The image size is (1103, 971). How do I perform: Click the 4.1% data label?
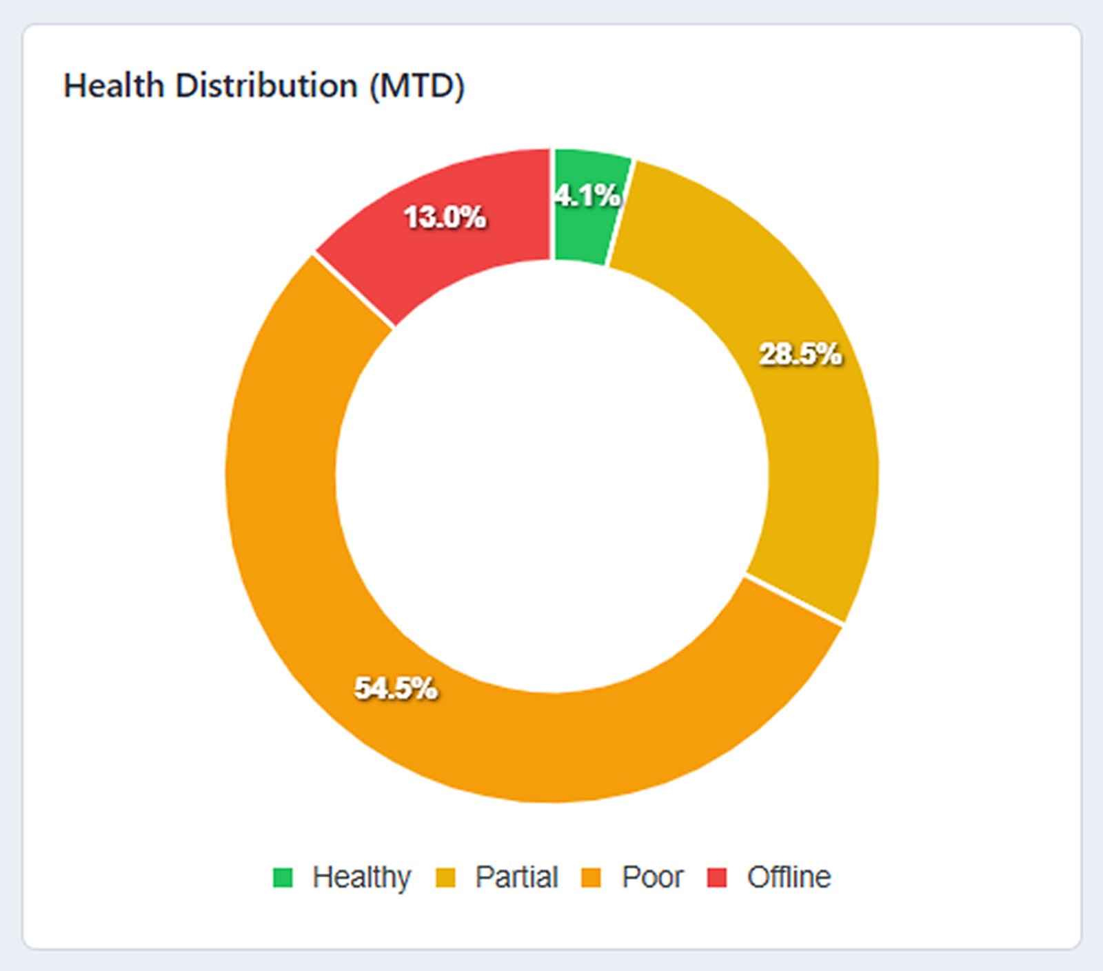(x=587, y=196)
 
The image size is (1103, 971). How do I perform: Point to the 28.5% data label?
(x=800, y=354)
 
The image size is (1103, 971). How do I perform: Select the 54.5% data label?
(x=396, y=688)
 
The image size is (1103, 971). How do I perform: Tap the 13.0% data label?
(x=445, y=217)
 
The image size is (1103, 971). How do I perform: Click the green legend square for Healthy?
(x=283, y=877)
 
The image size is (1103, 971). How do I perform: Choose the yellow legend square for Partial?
(x=446, y=877)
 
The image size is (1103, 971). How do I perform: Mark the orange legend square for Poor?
(x=591, y=877)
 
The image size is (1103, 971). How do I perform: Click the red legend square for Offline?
(x=717, y=877)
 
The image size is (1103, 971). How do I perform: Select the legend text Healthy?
(x=361, y=877)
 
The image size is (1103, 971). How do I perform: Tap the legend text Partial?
(x=516, y=877)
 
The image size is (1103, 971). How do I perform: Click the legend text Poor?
(x=652, y=877)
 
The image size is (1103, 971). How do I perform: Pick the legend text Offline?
(x=789, y=877)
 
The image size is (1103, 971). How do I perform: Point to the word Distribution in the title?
(x=266, y=86)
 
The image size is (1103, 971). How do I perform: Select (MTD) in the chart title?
(x=417, y=86)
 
